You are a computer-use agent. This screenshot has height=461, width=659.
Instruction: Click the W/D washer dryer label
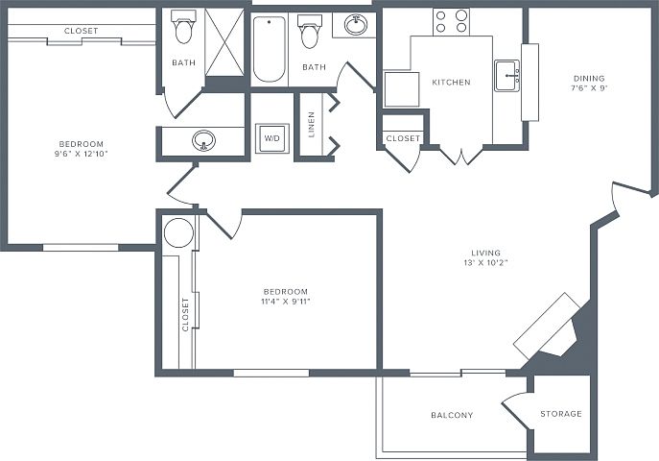pos(271,138)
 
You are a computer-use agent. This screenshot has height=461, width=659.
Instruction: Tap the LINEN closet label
pos(312,125)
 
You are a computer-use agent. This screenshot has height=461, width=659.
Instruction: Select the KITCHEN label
pos(452,82)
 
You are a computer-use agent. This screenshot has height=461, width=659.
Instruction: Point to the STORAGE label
pos(561,414)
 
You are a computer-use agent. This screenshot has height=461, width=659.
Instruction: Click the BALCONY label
pos(452,415)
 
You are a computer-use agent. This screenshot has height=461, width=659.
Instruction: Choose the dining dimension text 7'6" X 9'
pos(589,88)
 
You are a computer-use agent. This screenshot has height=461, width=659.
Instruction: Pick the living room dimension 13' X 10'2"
pos(485,263)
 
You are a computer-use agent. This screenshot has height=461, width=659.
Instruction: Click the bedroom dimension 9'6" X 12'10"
pos(82,154)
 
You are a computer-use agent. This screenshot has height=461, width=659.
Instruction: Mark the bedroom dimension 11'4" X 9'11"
pos(286,302)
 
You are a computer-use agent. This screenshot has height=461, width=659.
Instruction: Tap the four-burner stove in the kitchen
pos(451,22)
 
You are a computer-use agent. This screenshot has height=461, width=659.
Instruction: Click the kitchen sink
pos(506,76)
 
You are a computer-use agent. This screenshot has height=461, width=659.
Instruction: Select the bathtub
pos(270,49)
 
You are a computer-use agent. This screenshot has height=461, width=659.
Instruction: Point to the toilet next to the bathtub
pos(309,32)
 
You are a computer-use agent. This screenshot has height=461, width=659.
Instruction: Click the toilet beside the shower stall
pos(183,27)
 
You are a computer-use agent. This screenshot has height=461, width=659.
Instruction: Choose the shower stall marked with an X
pos(224,42)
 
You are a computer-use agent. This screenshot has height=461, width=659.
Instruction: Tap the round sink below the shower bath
pos(203,140)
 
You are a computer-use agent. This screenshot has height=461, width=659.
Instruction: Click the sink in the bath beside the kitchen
pos(356,24)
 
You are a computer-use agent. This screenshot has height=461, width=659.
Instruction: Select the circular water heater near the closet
pos(178,232)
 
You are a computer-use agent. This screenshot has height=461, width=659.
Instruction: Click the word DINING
pos(589,78)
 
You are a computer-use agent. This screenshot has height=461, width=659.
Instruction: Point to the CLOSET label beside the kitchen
pos(403,138)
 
